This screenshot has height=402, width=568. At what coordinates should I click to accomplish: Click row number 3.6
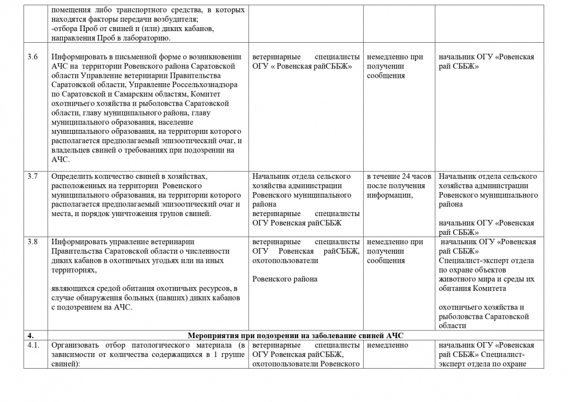point(33,57)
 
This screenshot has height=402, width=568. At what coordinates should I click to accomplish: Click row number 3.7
point(33,176)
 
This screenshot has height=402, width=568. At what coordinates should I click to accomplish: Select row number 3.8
point(33,242)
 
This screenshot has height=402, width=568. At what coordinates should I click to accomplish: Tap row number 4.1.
point(34,345)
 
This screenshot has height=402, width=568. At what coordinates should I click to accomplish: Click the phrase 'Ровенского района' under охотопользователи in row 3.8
point(285,279)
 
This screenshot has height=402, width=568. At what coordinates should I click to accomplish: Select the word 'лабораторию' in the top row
point(151,38)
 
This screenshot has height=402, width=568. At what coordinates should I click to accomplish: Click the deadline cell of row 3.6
point(395,66)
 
